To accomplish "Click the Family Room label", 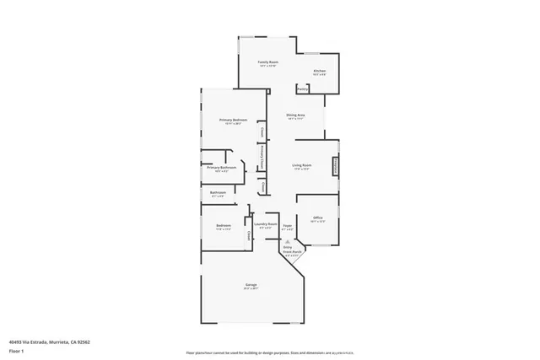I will tap(268, 62).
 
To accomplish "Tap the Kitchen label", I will tap(319, 71).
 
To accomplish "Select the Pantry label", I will tap(302, 89).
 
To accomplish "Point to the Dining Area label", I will tap(294, 115).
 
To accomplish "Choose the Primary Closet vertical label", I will tap(263, 158).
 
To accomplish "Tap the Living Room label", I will tap(302, 164).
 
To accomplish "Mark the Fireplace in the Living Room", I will tap(336, 166).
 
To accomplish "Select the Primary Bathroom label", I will tap(221, 167).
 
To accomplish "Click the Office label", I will tap(318, 218).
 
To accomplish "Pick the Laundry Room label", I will tap(266, 223).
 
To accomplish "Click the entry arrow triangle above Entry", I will tap(287, 240).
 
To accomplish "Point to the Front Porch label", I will tap(291, 251).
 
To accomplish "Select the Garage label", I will tap(251, 285).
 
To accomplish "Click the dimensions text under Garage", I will tap(251, 289).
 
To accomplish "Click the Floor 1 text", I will tap(15, 350).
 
